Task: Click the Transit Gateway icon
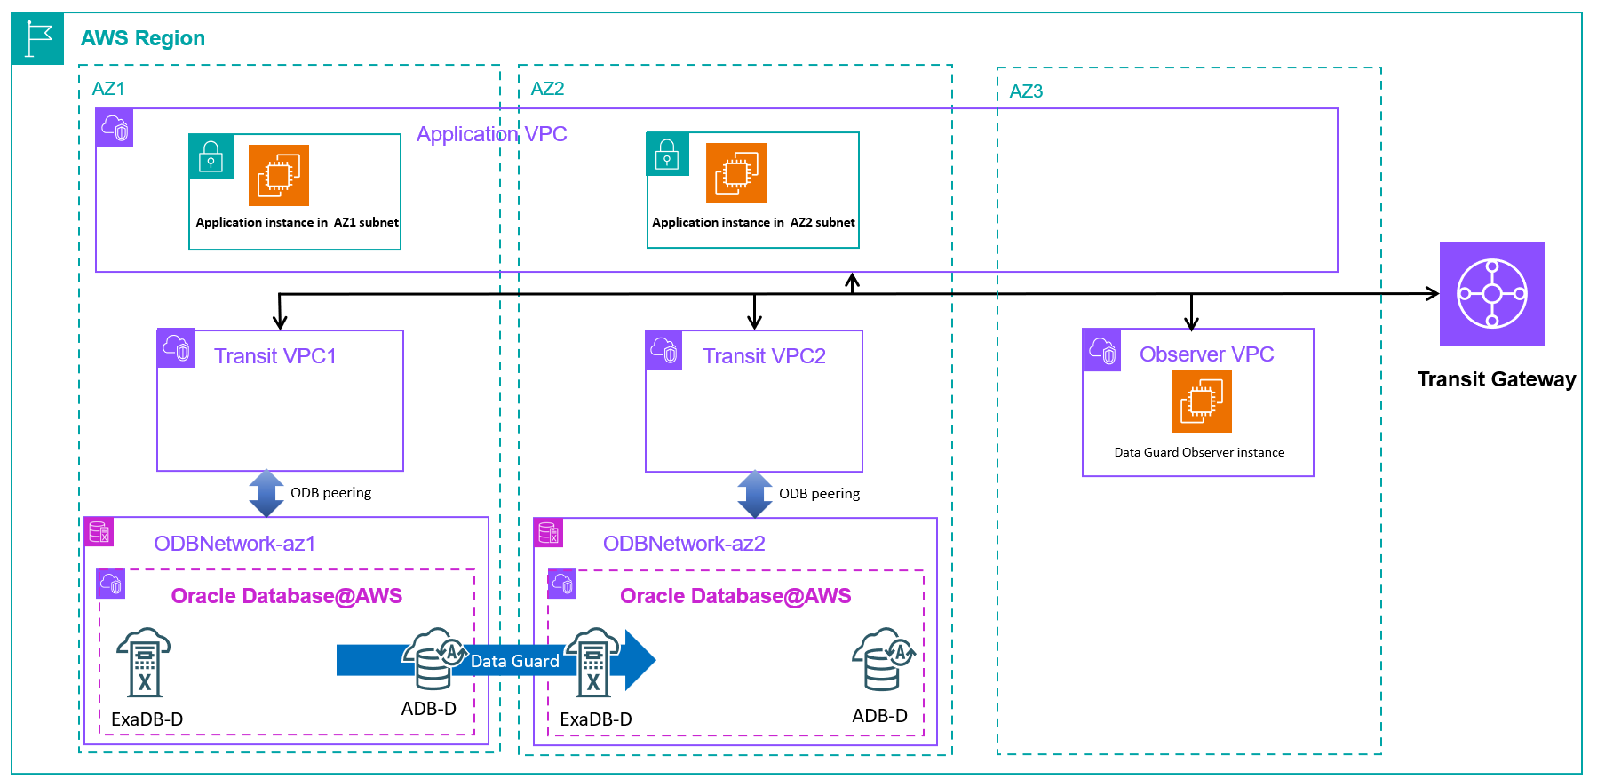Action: (x=1491, y=293)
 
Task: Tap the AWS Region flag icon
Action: (x=38, y=38)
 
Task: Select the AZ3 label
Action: (x=1026, y=91)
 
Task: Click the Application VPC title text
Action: (x=491, y=134)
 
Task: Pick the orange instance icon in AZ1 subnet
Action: (x=279, y=175)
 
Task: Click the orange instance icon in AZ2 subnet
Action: (x=736, y=173)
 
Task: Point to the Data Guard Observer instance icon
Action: (x=1201, y=401)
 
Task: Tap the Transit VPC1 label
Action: (x=275, y=356)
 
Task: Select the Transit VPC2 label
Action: (x=764, y=356)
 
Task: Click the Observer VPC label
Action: (x=1206, y=354)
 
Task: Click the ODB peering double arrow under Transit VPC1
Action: (x=266, y=493)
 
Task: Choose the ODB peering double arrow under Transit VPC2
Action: (x=755, y=494)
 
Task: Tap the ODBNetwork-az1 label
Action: (x=234, y=544)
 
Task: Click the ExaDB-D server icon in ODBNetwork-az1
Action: (x=144, y=663)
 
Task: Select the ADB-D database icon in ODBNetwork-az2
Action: (x=883, y=659)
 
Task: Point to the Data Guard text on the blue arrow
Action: (x=514, y=661)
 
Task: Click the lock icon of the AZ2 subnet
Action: (x=667, y=155)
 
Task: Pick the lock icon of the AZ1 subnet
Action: (x=211, y=157)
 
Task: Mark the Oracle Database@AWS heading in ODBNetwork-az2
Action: (x=735, y=596)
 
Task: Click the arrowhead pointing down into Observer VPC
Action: (x=1192, y=323)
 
